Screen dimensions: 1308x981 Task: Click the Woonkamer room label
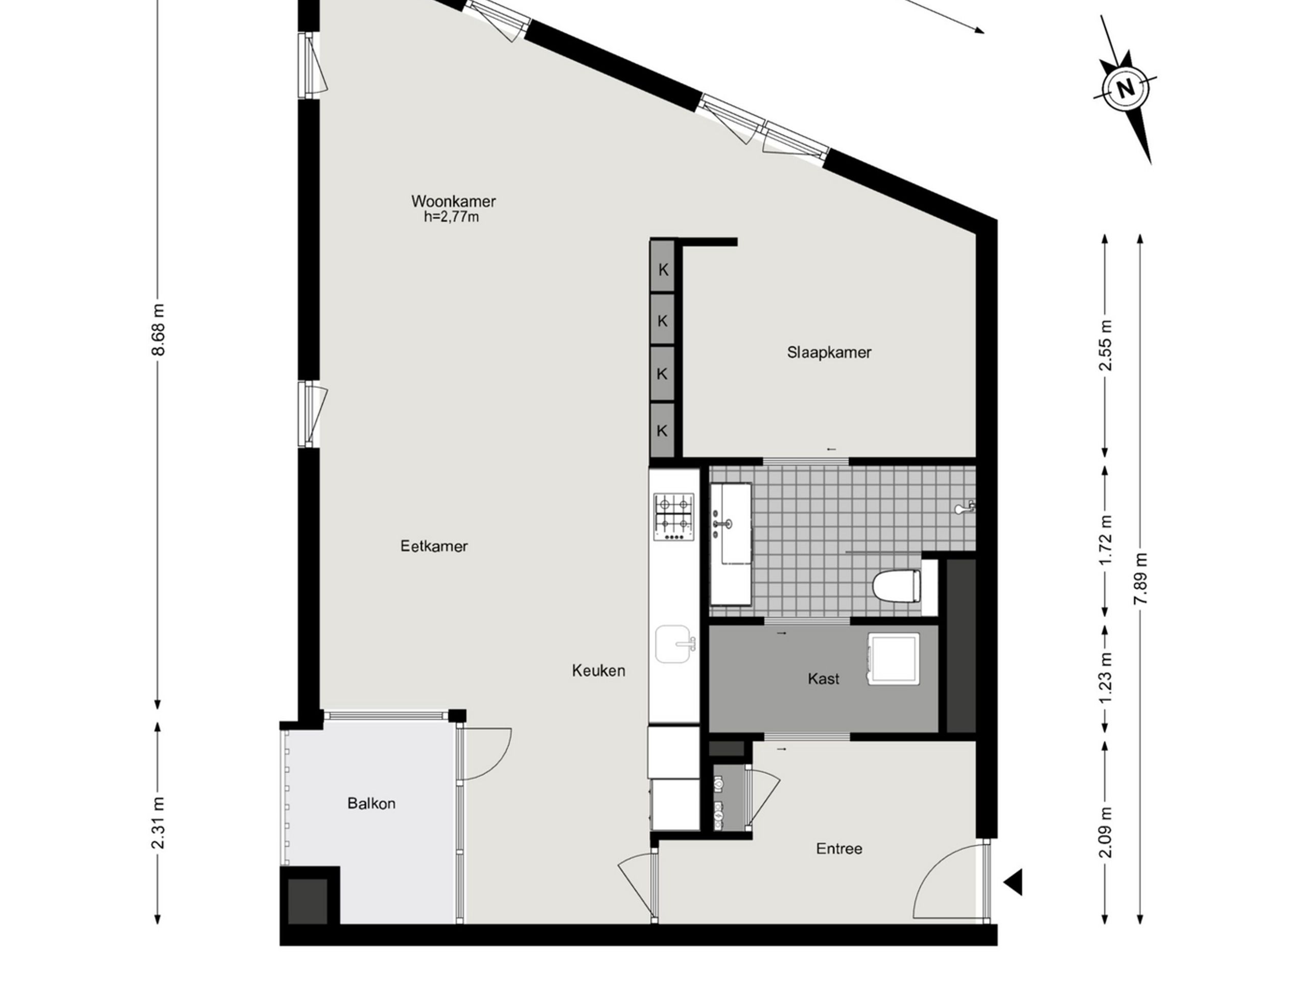pos(454,202)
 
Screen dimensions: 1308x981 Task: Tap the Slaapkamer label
pos(829,353)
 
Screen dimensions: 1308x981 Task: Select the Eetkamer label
pos(434,546)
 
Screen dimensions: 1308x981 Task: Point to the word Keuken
pos(598,670)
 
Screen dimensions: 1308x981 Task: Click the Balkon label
pos(371,804)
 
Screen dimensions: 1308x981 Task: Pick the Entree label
pos(839,849)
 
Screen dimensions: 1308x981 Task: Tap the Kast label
pos(823,679)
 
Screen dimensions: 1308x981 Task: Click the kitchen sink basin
pos(674,644)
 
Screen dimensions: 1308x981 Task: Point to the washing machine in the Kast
pos(894,659)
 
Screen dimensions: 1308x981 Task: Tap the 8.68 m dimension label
pos(158,330)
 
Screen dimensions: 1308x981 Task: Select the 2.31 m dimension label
pos(158,823)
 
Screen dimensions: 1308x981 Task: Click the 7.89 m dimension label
pos(1140,578)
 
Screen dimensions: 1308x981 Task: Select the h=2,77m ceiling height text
pos(451,218)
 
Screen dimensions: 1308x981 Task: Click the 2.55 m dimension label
pos(1106,345)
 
